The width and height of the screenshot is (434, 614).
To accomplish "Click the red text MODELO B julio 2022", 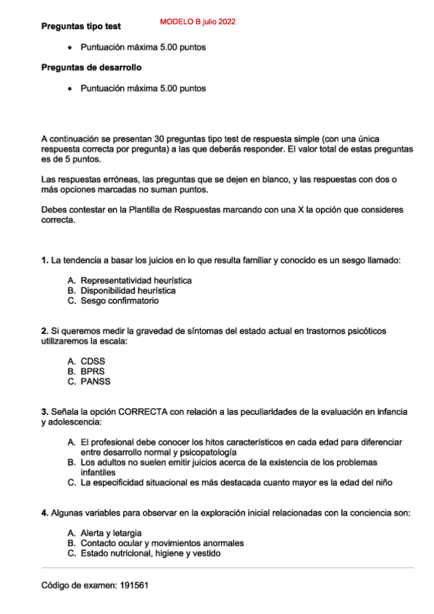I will point(197,22).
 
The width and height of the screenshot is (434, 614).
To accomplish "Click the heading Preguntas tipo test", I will point(80,26).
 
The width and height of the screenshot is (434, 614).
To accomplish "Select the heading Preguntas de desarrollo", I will point(91,67).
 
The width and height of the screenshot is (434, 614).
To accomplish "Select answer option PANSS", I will point(95,381).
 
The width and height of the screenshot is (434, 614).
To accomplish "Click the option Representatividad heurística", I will point(135,280).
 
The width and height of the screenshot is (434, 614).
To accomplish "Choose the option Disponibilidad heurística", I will point(128,290).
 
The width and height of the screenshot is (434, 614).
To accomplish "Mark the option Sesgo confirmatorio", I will point(119,300).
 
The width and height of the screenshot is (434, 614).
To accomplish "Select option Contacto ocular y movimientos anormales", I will point(162,543).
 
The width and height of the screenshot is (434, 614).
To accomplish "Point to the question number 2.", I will point(44,331).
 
